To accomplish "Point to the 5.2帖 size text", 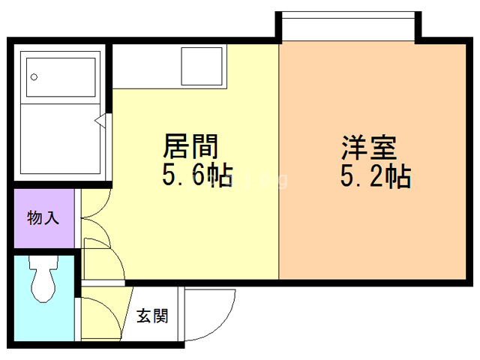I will [375, 177].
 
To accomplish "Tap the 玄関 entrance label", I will [152, 316].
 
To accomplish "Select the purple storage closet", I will [43, 219].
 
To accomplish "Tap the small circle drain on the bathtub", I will [34, 76].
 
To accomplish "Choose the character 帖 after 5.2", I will [397, 177].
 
